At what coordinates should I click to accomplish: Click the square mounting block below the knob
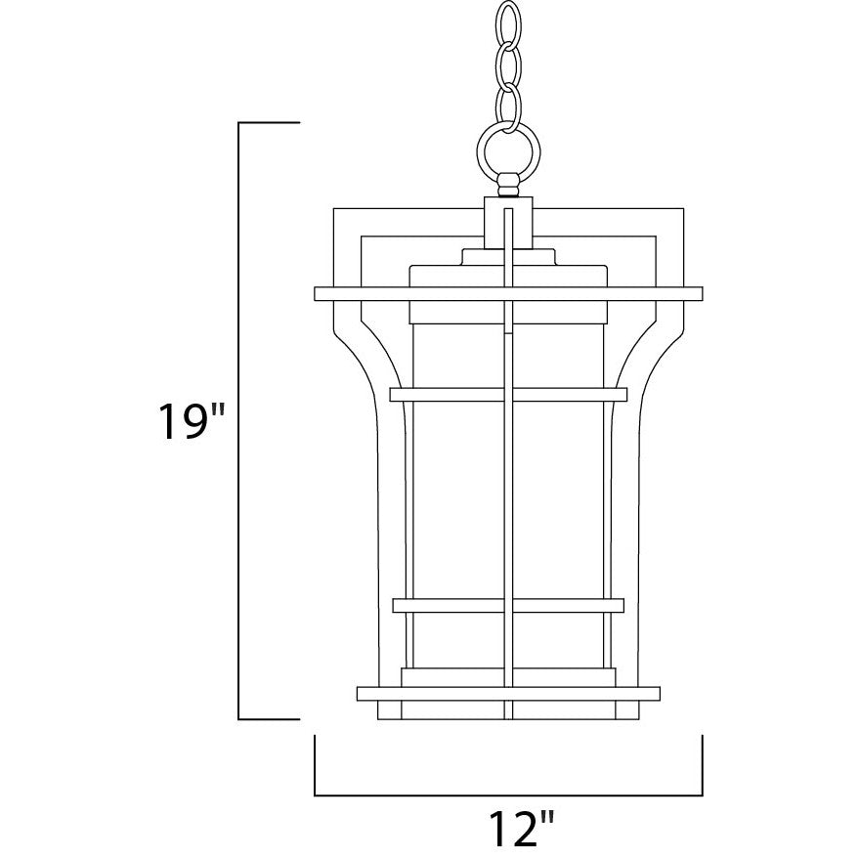(x=508, y=223)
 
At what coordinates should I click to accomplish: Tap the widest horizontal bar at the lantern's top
(x=508, y=293)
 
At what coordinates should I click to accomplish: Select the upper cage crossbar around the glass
(x=508, y=395)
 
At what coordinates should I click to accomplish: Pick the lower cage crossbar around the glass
(x=508, y=605)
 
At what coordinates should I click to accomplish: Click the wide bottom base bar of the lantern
(x=508, y=694)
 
